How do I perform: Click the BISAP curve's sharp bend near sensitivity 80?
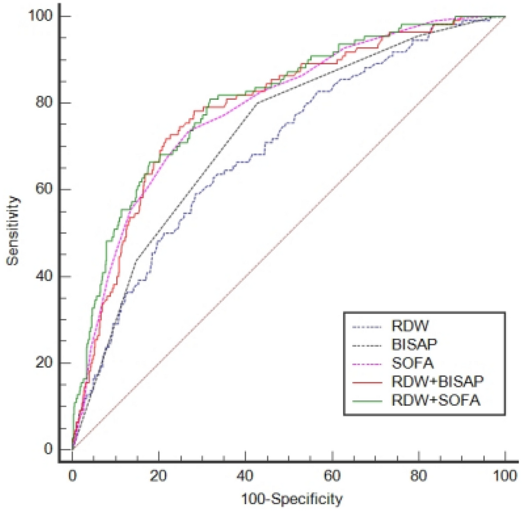(256, 103)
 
